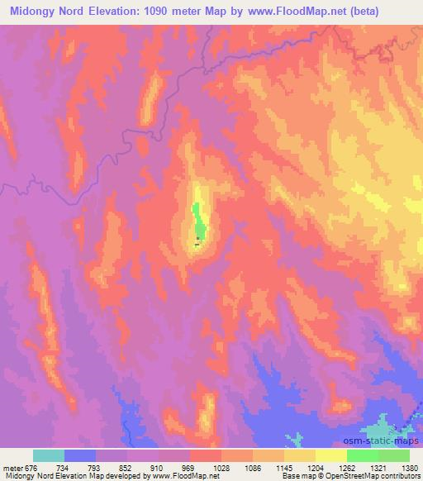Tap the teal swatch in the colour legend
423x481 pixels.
point(49,455)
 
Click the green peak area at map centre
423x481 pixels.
point(198,221)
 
